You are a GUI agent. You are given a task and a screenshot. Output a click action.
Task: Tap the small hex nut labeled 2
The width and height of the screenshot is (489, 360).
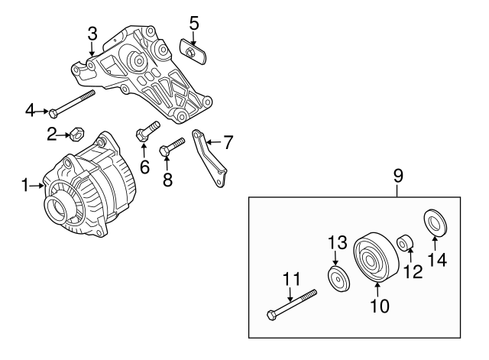(76, 135)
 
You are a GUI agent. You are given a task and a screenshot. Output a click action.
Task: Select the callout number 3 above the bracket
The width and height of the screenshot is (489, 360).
(92, 33)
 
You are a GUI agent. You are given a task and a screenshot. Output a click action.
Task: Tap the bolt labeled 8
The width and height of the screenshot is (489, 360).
(172, 147)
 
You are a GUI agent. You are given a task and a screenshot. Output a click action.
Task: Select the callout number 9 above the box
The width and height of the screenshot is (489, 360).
(398, 177)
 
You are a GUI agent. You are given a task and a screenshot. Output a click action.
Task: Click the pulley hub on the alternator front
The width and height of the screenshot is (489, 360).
(60, 206)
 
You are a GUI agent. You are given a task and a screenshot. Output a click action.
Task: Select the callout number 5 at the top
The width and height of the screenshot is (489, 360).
(194, 23)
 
